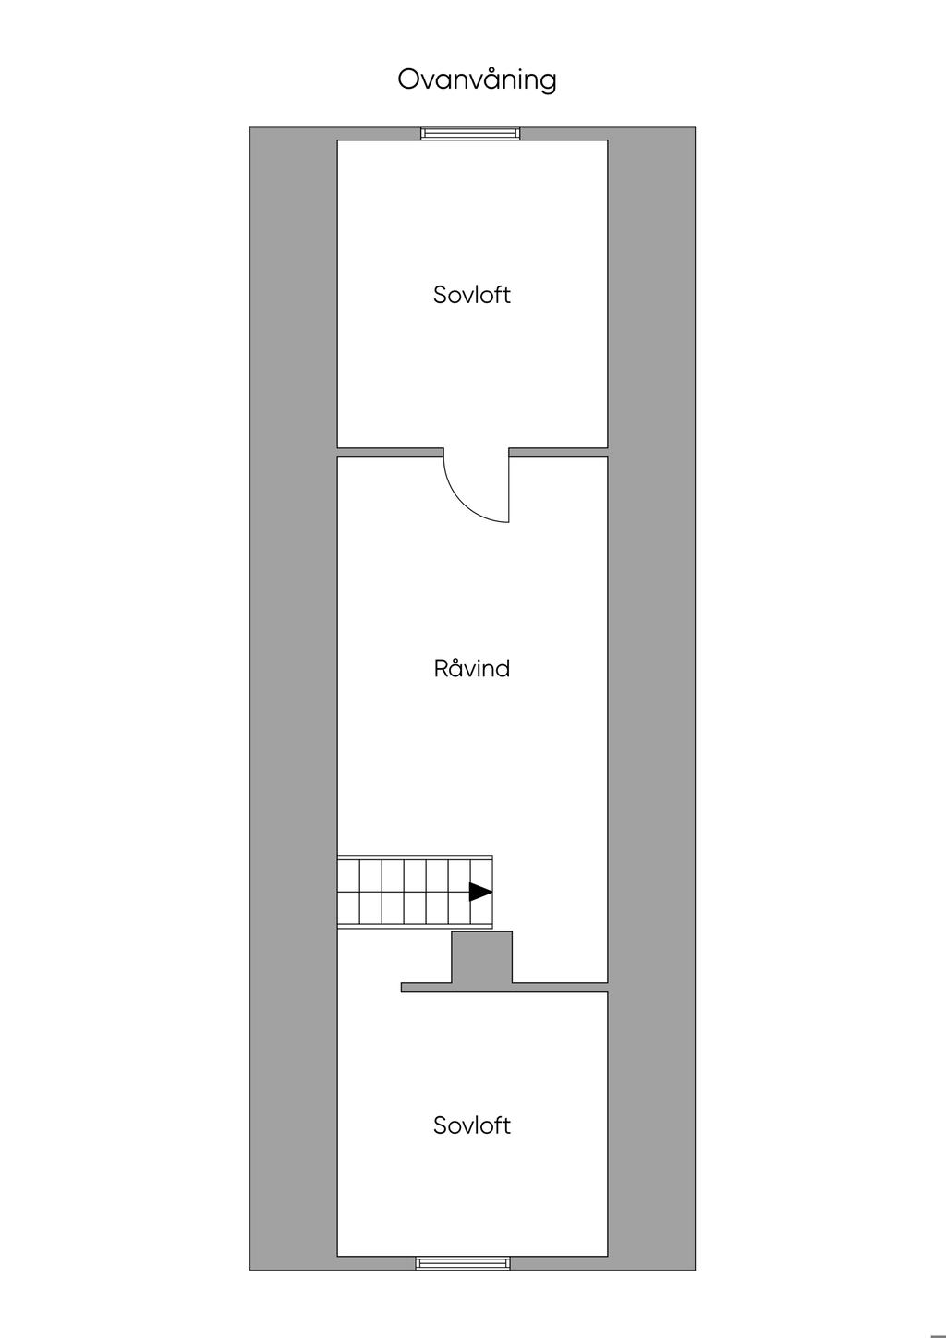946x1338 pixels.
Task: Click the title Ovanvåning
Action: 477,80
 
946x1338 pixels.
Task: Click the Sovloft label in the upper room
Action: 471,295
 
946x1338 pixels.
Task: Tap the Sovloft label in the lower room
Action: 471,1125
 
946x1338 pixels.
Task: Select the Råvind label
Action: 471,668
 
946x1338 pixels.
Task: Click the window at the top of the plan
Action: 470,133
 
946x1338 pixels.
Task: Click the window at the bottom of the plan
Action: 463,1263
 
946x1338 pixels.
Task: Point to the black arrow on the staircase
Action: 479,892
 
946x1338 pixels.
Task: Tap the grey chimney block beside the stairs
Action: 481,957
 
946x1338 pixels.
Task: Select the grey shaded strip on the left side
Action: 293,698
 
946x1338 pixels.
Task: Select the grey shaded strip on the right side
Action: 651,698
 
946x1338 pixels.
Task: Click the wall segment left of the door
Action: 390,453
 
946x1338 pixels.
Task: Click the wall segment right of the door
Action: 558,453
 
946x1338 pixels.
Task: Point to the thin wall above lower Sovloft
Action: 503,988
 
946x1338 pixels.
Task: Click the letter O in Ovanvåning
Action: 408,80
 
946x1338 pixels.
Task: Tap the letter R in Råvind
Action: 442,668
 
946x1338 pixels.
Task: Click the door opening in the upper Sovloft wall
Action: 476,453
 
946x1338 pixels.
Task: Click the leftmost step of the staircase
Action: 347,892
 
